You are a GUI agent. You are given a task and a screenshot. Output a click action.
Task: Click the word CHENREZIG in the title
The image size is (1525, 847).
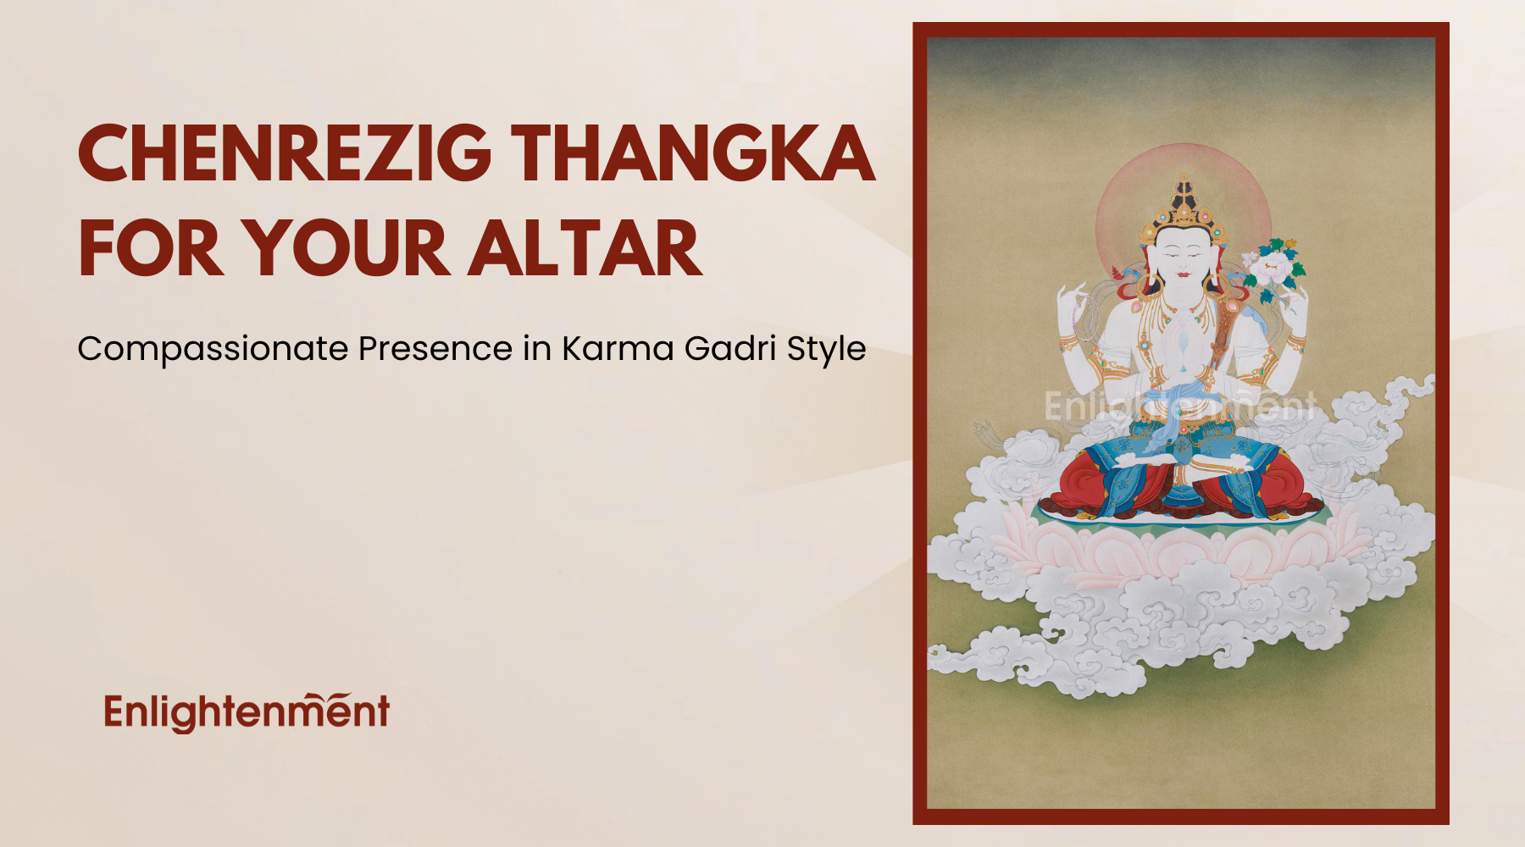(x=285, y=153)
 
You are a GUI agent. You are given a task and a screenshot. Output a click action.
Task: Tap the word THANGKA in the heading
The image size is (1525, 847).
(x=693, y=153)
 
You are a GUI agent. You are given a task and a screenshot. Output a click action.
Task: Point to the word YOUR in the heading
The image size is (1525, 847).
(x=347, y=248)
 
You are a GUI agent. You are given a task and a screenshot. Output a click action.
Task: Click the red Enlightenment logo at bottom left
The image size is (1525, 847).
(x=247, y=712)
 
